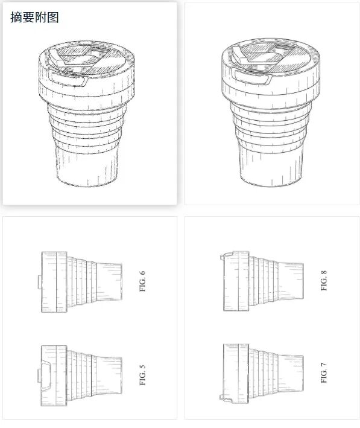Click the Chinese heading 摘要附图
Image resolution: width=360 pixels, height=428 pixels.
tap(34, 17)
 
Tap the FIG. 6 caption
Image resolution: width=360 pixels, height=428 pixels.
tap(142, 281)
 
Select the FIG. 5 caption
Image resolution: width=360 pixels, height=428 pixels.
tap(142, 375)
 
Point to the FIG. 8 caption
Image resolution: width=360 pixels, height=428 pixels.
tap(324, 280)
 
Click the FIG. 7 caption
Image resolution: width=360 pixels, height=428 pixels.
tap(324, 373)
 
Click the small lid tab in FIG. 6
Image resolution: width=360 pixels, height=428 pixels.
tap(40, 282)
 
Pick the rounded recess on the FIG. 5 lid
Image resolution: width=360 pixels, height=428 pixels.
tap(46, 375)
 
